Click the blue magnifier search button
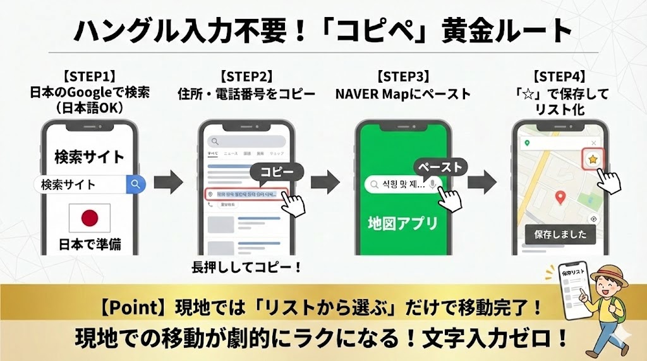pyautogui.click(x=136, y=184)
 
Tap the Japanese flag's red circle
pyautogui.click(x=90, y=218)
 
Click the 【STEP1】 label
pyautogui.click(x=89, y=78)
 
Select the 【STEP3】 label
pyautogui.click(x=402, y=78)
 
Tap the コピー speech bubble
pyautogui.click(x=276, y=172)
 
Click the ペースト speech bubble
pyautogui.click(x=440, y=167)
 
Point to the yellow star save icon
pyautogui.click(x=592, y=160)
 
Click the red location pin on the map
pyautogui.click(x=559, y=198)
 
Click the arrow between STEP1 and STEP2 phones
pyautogui.click(x=168, y=184)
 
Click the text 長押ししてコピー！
pyautogui.click(x=246, y=268)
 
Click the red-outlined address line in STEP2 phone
pyautogui.click(x=246, y=194)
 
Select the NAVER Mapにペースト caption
pyautogui.click(x=402, y=94)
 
